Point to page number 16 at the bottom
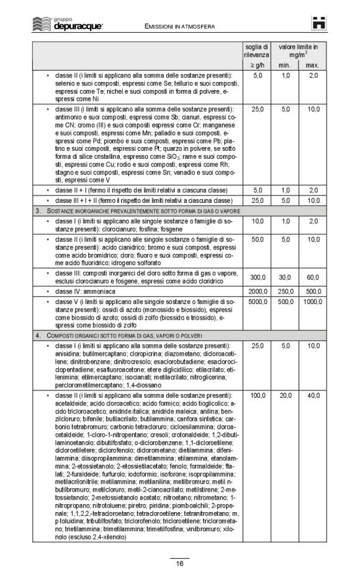pyautogui.click(x=179, y=564)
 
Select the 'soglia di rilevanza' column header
pyautogui.click(x=256, y=50)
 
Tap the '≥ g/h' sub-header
pyautogui.click(x=256, y=65)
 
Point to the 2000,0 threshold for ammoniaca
pyautogui.click(x=257, y=290)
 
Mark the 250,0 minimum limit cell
pyautogui.click(x=286, y=290)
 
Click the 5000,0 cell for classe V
pyautogui.click(x=257, y=302)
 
